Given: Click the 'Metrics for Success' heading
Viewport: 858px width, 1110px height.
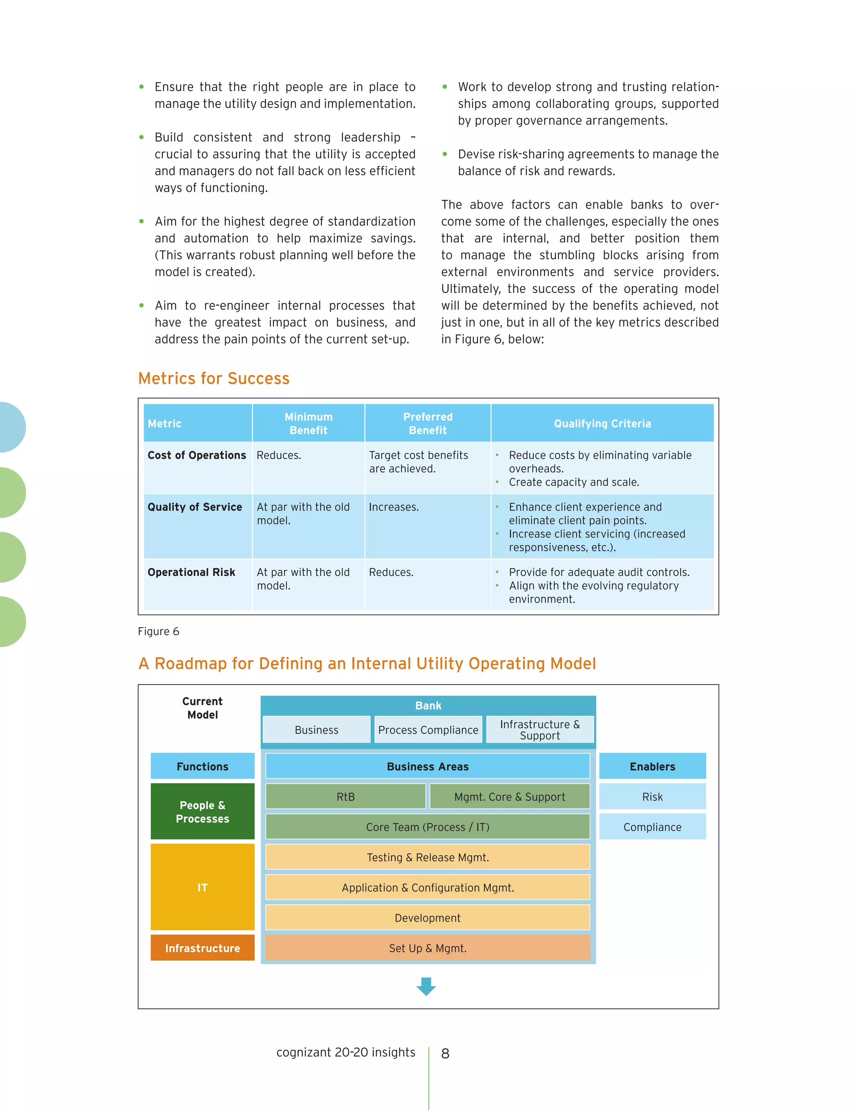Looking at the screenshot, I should point(214,379).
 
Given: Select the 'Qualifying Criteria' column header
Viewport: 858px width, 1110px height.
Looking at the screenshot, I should point(602,423).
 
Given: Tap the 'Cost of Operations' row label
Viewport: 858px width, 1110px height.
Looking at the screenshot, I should point(197,455).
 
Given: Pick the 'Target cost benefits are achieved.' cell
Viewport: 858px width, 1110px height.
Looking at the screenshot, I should point(419,462).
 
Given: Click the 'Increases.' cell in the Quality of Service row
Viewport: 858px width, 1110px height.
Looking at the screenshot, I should point(394,507).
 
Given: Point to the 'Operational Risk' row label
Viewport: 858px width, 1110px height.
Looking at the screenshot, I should point(191,572).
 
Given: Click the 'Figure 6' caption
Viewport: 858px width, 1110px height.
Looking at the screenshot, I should point(159,631).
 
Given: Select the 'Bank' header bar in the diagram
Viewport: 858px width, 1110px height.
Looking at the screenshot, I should point(428,705).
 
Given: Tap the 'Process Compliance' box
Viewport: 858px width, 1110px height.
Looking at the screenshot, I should point(428,730).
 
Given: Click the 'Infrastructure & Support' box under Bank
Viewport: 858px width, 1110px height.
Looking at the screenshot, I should point(540,730).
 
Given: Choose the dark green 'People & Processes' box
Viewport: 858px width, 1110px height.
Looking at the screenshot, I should point(202,812).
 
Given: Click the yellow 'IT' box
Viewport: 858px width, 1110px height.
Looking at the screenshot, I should point(202,888).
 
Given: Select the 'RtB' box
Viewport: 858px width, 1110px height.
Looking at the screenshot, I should point(346,797).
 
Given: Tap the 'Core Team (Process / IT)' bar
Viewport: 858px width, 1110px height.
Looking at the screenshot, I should point(427,827).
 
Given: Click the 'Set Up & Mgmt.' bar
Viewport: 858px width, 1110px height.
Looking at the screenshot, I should point(427,948).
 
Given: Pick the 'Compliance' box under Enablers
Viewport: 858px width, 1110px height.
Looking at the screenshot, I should point(652,827).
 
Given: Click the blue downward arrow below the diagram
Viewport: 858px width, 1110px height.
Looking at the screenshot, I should point(426,986).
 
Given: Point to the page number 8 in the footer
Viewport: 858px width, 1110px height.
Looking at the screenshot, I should point(445,1053).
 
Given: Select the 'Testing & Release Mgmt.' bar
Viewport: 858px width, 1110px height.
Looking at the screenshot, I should point(427,857).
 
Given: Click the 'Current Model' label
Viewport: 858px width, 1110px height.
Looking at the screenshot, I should point(202,708).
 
